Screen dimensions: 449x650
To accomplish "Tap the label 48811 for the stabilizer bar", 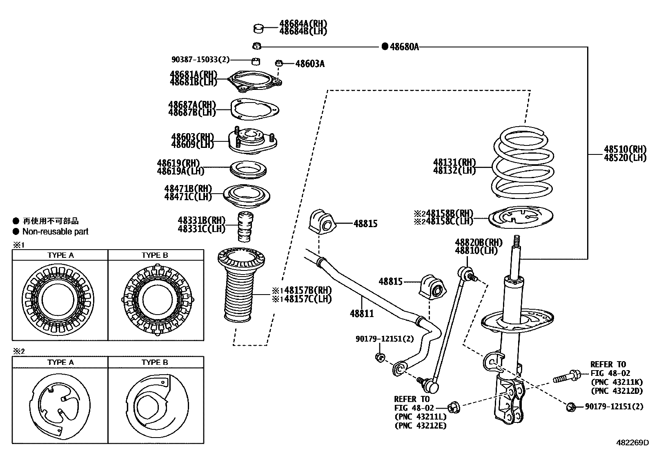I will (x=361, y=313).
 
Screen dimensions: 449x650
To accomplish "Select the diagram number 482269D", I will (x=632, y=442).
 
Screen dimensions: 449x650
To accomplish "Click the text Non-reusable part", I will (x=55, y=232).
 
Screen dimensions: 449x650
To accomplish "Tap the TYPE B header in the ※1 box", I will (x=155, y=255).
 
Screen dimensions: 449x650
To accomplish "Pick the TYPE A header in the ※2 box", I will (x=60, y=362).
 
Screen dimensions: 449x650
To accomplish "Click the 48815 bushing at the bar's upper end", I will (x=322, y=223).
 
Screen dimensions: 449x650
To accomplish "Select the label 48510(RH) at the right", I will (x=625, y=149).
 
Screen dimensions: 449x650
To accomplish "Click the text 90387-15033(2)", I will (x=200, y=60).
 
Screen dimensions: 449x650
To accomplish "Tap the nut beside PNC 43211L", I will (x=454, y=407).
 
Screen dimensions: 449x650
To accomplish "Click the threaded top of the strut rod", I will (x=516, y=242).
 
